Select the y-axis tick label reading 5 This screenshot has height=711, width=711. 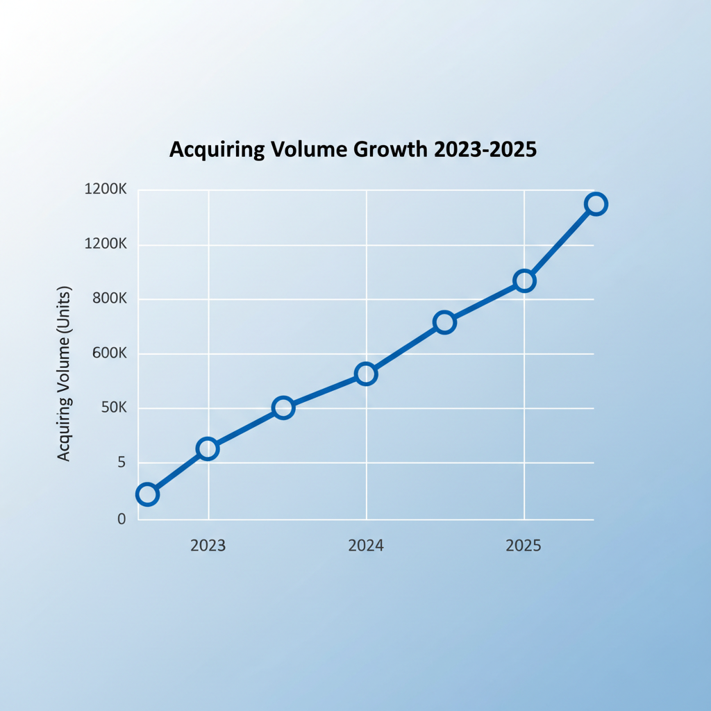pyautogui.click(x=121, y=462)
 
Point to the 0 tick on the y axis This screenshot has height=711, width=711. pyautogui.click(x=122, y=519)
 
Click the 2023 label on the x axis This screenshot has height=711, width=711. pyautogui.click(x=208, y=546)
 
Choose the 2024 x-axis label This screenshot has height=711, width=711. pyautogui.click(x=366, y=546)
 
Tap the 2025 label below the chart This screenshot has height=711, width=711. pyautogui.click(x=524, y=546)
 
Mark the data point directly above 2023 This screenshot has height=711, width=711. pyautogui.click(x=207, y=449)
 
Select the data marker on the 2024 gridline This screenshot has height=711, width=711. pyautogui.click(x=366, y=374)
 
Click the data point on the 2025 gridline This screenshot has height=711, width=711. pyautogui.click(x=524, y=281)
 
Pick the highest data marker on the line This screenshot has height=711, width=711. pyautogui.click(x=596, y=203)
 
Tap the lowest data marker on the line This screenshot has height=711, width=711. pyautogui.click(x=147, y=494)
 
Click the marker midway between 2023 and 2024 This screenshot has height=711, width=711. pyautogui.click(x=283, y=408)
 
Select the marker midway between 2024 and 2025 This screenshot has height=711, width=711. pyautogui.click(x=444, y=322)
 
